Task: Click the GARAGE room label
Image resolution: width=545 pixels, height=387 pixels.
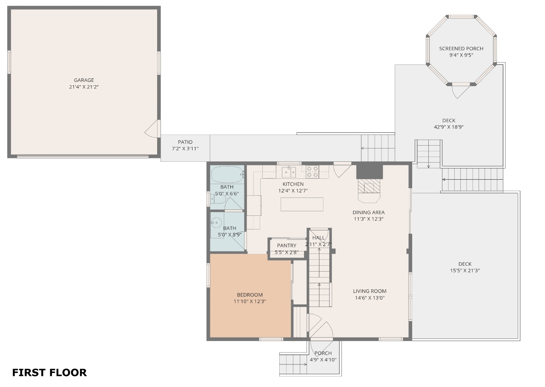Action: [84, 80]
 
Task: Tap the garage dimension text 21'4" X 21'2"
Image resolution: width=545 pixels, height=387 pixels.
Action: [84, 87]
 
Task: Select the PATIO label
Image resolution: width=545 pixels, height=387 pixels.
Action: [185, 142]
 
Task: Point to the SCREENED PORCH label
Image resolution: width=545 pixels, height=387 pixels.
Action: [461, 49]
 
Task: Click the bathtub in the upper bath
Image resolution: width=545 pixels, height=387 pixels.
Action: [227, 175]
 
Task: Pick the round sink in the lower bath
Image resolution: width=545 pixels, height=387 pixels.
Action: [216, 222]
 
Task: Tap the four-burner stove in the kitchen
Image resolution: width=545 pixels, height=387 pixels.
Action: [313, 172]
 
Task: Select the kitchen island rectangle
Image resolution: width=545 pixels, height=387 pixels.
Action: [302, 204]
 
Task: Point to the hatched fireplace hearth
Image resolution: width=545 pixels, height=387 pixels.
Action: [369, 186]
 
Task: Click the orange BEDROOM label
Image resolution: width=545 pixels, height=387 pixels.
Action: [250, 295]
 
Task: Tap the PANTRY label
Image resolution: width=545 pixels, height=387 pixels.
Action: [287, 245]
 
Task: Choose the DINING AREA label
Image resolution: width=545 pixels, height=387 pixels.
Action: [369, 212]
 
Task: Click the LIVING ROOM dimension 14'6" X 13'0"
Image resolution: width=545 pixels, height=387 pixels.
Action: [370, 298]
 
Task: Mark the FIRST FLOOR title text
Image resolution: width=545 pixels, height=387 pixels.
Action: [49, 373]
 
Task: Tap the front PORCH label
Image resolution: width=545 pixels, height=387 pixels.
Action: [323, 353]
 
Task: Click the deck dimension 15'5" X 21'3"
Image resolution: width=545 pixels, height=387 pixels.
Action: [465, 270]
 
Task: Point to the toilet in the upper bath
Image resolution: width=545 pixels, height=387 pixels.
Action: [218, 199]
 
